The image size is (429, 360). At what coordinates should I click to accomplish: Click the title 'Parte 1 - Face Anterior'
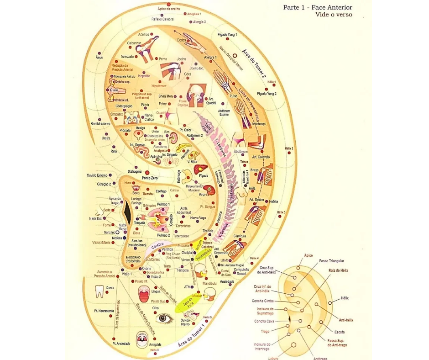[x=318, y=7]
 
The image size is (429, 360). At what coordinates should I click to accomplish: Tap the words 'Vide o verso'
[x=334, y=15]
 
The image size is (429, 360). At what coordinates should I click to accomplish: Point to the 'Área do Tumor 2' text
[x=254, y=64]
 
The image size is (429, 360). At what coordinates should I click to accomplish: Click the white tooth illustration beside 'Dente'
[x=99, y=291]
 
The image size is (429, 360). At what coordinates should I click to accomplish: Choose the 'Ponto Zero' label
[x=149, y=178]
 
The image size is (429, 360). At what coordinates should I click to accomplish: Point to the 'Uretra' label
[x=106, y=138]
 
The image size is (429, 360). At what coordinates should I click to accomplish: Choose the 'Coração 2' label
[x=104, y=184]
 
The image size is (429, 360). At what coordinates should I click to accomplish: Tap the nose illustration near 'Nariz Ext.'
[x=100, y=212]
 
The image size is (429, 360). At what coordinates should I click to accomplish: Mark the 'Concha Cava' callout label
[x=264, y=321]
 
